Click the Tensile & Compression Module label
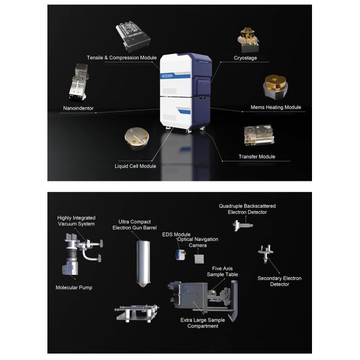coord(121,58)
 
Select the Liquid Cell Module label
coord(135,166)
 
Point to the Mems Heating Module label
coord(275,107)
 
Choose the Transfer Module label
coord(257,157)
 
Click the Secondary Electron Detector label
coord(280,281)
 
